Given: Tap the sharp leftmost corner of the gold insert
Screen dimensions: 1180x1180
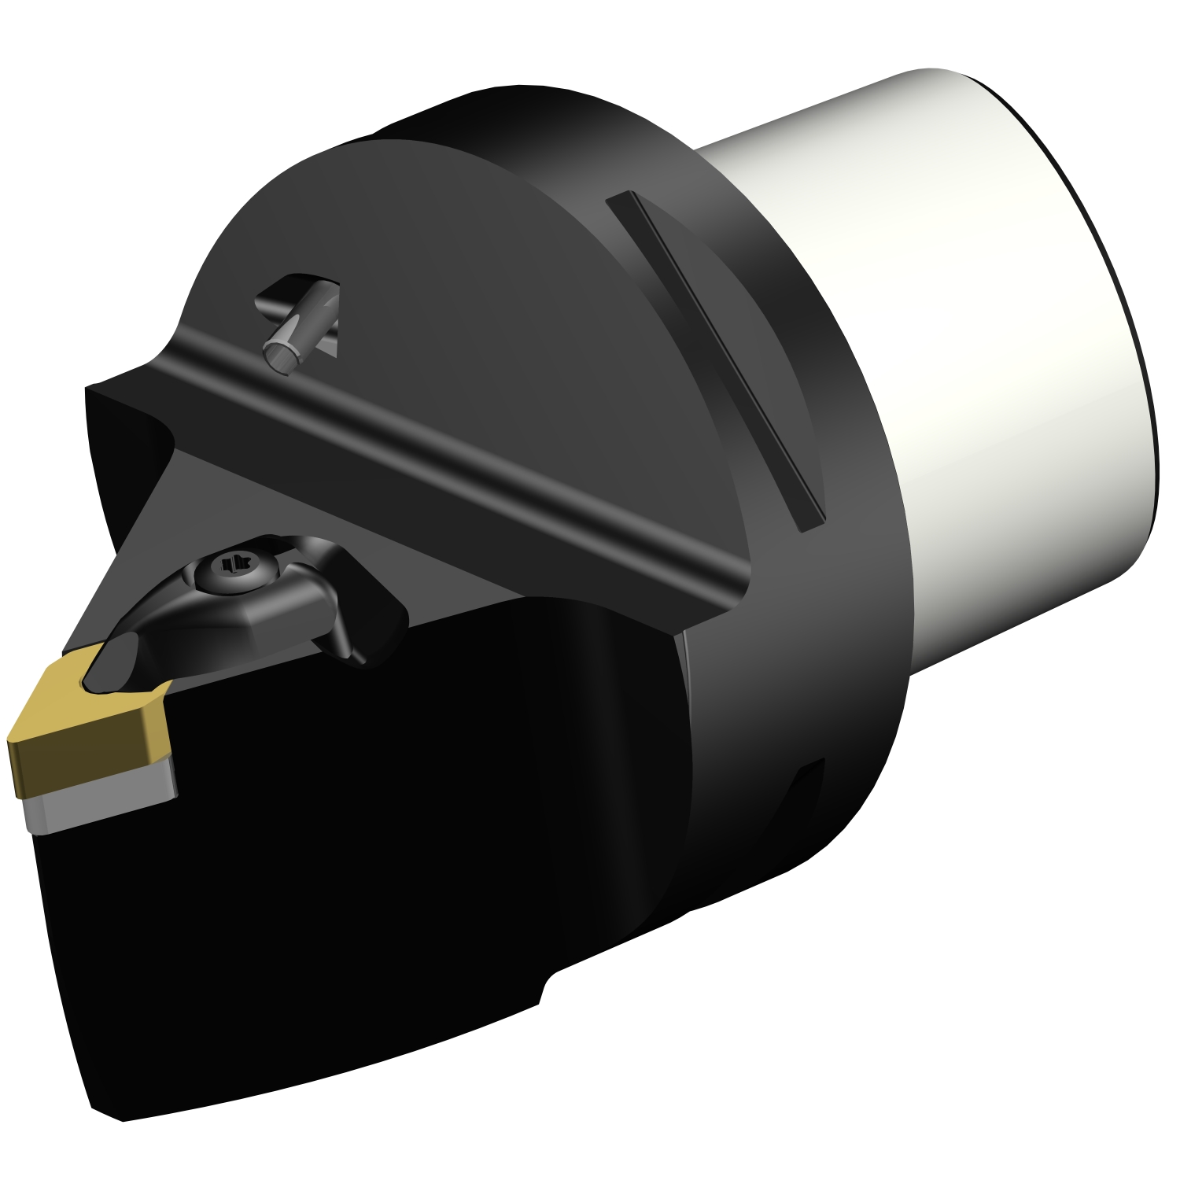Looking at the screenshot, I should [x=10, y=741].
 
